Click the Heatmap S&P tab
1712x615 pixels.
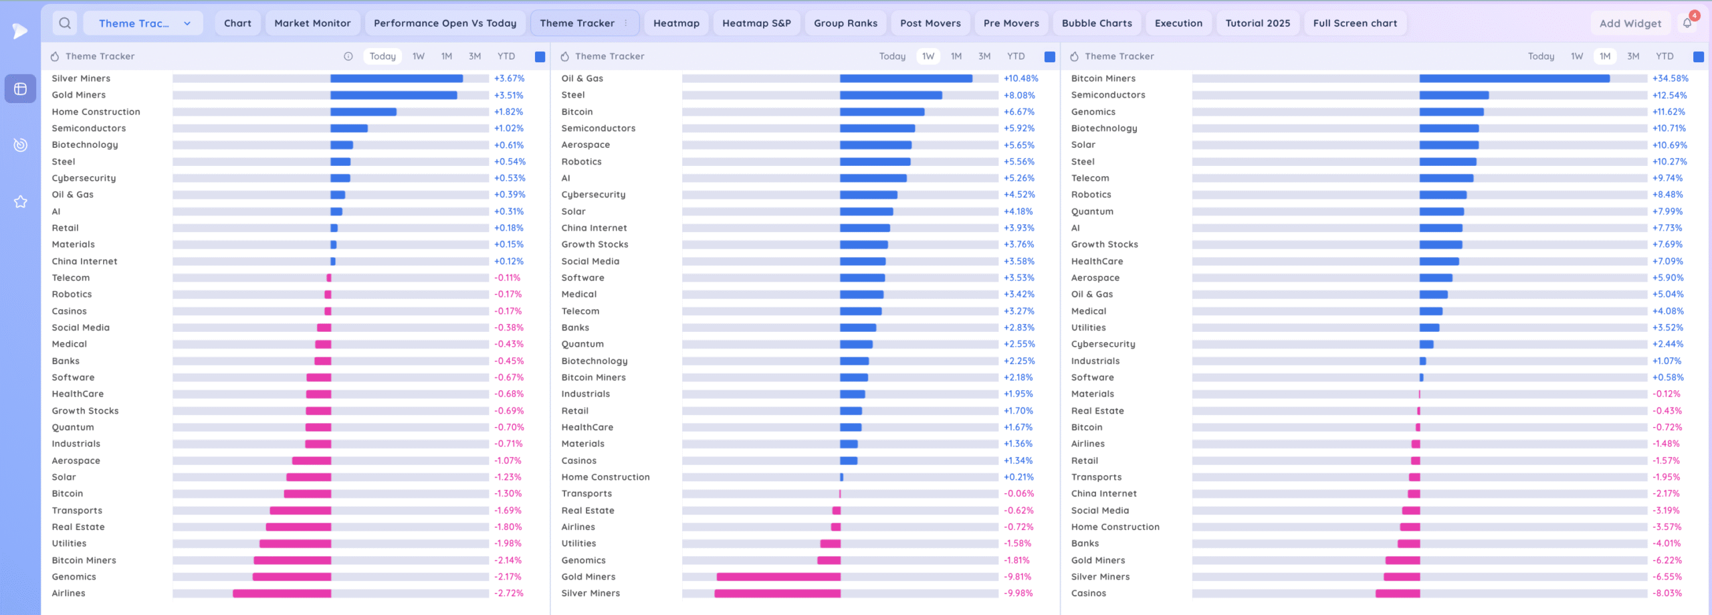pyautogui.click(x=756, y=23)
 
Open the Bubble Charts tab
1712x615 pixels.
pyautogui.click(x=1097, y=23)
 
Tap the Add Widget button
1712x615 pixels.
pyautogui.click(x=1630, y=23)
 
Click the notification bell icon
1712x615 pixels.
pyautogui.click(x=1687, y=23)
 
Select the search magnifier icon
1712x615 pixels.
pyautogui.click(x=65, y=23)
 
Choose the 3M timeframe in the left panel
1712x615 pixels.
pyautogui.click(x=475, y=56)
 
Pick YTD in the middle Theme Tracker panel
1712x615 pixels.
pyautogui.click(x=1015, y=56)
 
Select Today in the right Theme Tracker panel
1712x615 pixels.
pyautogui.click(x=1541, y=56)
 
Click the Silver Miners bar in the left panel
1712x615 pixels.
pyautogui.click(x=396, y=78)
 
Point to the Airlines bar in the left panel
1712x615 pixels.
pyautogui.click(x=282, y=594)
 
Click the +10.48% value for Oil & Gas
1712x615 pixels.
pyautogui.click(x=1021, y=78)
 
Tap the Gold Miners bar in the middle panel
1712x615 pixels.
pyautogui.click(x=778, y=577)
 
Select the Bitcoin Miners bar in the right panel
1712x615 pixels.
pyautogui.click(x=1514, y=78)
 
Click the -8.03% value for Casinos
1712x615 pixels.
pyautogui.click(x=1667, y=594)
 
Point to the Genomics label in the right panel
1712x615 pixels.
pyautogui.click(x=1093, y=112)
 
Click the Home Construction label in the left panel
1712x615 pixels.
pyautogui.click(x=96, y=112)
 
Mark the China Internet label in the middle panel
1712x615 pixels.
pyautogui.click(x=594, y=228)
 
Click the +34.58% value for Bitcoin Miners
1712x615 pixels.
pyautogui.click(x=1670, y=78)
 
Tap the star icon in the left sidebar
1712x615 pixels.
pyautogui.click(x=21, y=201)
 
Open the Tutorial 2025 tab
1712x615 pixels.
pyautogui.click(x=1257, y=23)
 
